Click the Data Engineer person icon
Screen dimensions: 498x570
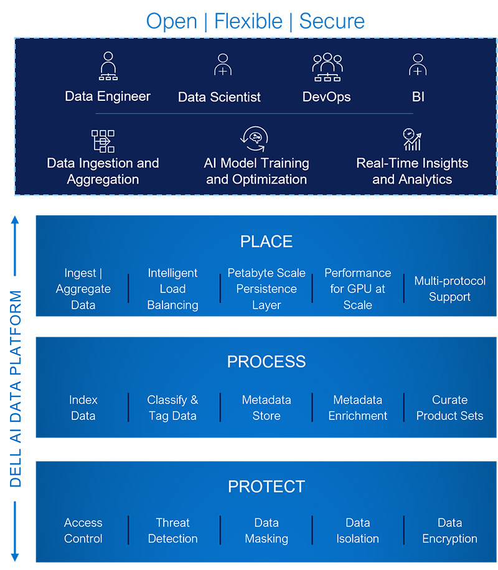pyautogui.click(x=108, y=66)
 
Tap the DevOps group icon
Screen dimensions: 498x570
pyautogui.click(x=327, y=67)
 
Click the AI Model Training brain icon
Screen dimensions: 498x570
pyautogui.click(x=255, y=139)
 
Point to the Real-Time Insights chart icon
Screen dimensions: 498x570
pyautogui.click(x=412, y=139)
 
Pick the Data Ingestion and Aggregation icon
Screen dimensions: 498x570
pyautogui.click(x=103, y=141)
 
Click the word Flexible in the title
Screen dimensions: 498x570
pyautogui.click(x=248, y=21)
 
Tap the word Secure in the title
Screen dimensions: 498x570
pyautogui.click(x=332, y=21)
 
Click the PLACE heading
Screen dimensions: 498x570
pyautogui.click(x=266, y=241)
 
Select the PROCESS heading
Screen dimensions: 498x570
pyautogui.click(x=266, y=362)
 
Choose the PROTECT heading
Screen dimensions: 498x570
pyautogui.click(x=266, y=487)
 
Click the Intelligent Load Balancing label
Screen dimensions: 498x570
pyautogui.click(x=173, y=289)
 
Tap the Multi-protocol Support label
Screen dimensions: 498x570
pyautogui.click(x=449, y=289)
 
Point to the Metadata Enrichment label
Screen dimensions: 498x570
pyautogui.click(x=357, y=408)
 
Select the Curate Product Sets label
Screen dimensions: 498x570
pyautogui.click(x=449, y=408)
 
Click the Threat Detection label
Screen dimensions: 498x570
pyautogui.click(x=173, y=530)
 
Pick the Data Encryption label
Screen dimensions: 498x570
pyautogui.click(x=449, y=530)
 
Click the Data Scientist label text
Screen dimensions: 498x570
pyautogui.click(x=219, y=97)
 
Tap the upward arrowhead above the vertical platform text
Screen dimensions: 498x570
pyautogui.click(x=15, y=220)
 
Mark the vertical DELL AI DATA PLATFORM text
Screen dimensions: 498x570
pyautogui.click(x=16, y=388)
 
